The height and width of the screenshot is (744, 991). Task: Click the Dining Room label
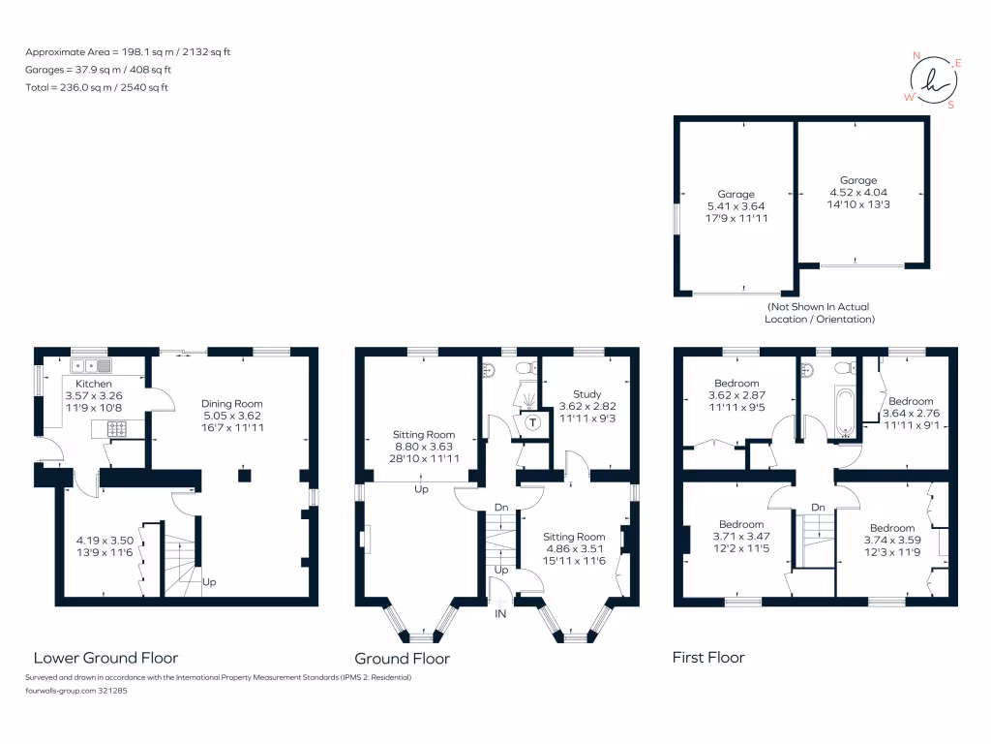click(231, 403)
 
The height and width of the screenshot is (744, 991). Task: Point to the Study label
click(586, 394)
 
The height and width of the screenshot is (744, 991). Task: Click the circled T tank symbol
click(531, 421)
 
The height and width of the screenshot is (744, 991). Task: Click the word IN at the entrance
click(500, 614)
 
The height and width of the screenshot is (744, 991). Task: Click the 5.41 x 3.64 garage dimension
click(736, 206)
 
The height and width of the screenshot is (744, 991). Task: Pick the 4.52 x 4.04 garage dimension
click(857, 193)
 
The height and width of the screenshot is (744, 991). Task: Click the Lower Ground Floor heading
click(105, 658)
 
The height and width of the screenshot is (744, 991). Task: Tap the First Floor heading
click(708, 658)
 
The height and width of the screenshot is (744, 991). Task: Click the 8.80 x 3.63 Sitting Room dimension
click(423, 447)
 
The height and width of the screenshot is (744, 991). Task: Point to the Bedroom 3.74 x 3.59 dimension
click(891, 541)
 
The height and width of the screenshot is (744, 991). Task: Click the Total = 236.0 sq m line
click(97, 87)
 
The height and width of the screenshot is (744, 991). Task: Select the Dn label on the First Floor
click(818, 507)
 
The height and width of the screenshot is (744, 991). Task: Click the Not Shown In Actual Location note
click(819, 313)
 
